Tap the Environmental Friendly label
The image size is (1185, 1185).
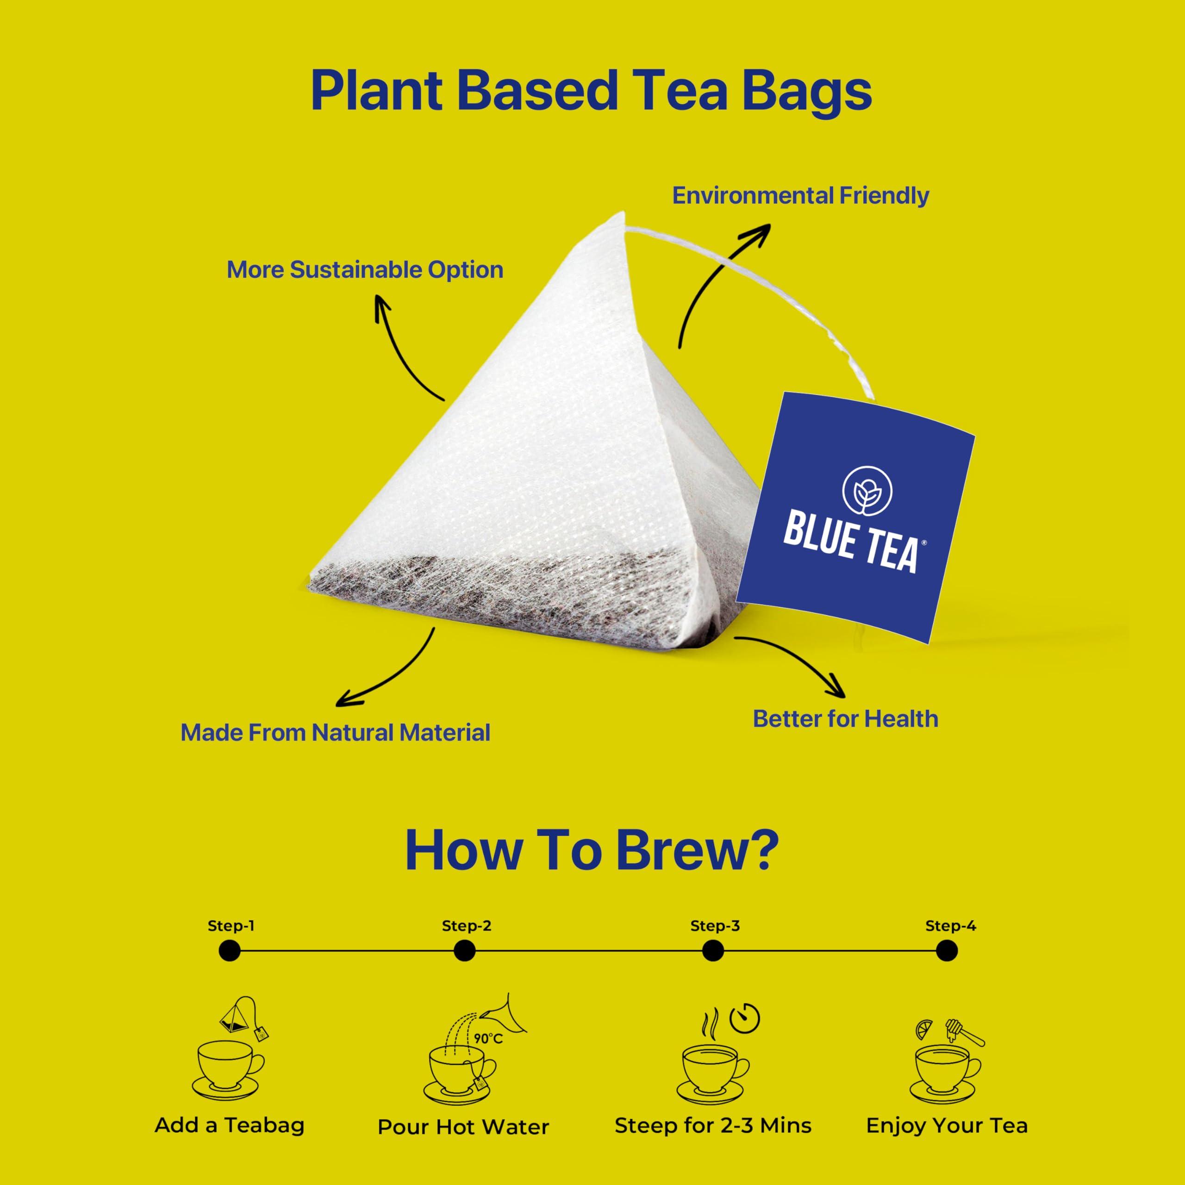click(x=800, y=196)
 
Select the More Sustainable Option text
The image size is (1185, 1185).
click(x=365, y=270)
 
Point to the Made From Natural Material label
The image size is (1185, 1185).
click(x=335, y=732)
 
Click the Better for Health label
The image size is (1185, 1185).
click(x=845, y=719)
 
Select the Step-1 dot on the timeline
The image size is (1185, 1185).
click(x=230, y=951)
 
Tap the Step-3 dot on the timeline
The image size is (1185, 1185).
click(x=713, y=951)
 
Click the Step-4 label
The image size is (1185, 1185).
click(x=950, y=926)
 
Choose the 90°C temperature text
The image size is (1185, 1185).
click(x=488, y=1038)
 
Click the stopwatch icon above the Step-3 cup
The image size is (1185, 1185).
click(x=745, y=1019)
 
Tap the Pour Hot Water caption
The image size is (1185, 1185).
click(x=463, y=1127)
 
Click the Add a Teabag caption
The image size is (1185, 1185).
click(x=230, y=1125)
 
